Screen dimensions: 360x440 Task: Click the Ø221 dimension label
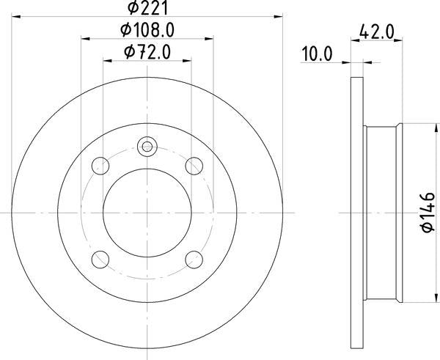[147, 8]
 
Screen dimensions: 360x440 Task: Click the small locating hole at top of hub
[147, 146]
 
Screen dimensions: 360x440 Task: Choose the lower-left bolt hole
[102, 259]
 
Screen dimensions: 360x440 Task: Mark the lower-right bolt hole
[193, 259]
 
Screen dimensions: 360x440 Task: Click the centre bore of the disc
[147, 213]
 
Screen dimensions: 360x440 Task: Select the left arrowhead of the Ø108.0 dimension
[84, 37]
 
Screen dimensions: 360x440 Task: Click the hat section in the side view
[383, 213]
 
